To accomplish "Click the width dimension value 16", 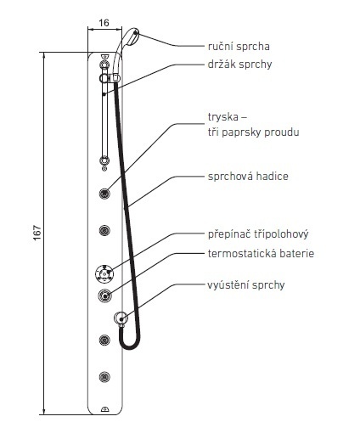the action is tap(104, 23).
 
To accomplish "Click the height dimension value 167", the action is tap(37, 233).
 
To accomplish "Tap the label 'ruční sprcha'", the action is tap(239, 47).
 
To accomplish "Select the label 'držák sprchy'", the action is tap(239, 65).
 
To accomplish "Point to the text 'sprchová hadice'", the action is tap(248, 177).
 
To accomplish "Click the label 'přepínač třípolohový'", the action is tap(258, 234).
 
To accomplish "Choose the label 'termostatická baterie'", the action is tap(261, 253).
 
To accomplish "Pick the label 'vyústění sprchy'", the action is tap(246, 285).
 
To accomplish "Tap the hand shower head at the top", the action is tap(130, 37).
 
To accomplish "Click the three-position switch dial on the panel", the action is tap(104, 274).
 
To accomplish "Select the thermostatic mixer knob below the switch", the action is tap(104, 295).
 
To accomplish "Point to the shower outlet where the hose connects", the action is tap(121, 318).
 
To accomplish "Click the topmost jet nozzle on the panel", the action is tap(104, 194).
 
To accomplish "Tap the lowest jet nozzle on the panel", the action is tap(104, 377).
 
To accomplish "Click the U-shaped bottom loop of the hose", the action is tap(130, 346).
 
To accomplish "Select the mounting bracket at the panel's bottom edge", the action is tap(104, 409).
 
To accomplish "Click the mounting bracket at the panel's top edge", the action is tap(104, 57).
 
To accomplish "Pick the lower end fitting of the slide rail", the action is tap(104, 161).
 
